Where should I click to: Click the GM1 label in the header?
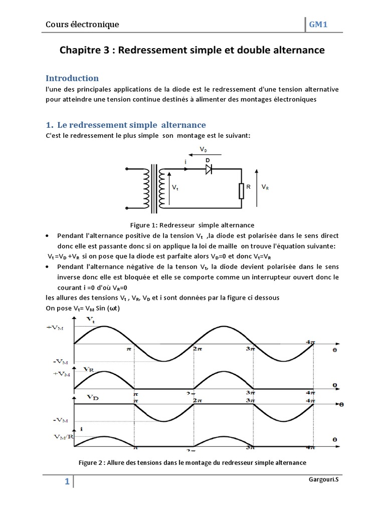click(317, 24)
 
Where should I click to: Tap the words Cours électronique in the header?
click(82, 24)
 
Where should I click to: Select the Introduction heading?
click(72, 78)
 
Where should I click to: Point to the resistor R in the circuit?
click(242, 190)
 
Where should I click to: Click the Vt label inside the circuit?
click(175, 187)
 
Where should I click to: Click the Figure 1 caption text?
click(192, 225)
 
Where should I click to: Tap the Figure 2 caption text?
click(192, 462)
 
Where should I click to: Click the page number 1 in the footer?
click(67, 482)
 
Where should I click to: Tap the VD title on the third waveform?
click(92, 397)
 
